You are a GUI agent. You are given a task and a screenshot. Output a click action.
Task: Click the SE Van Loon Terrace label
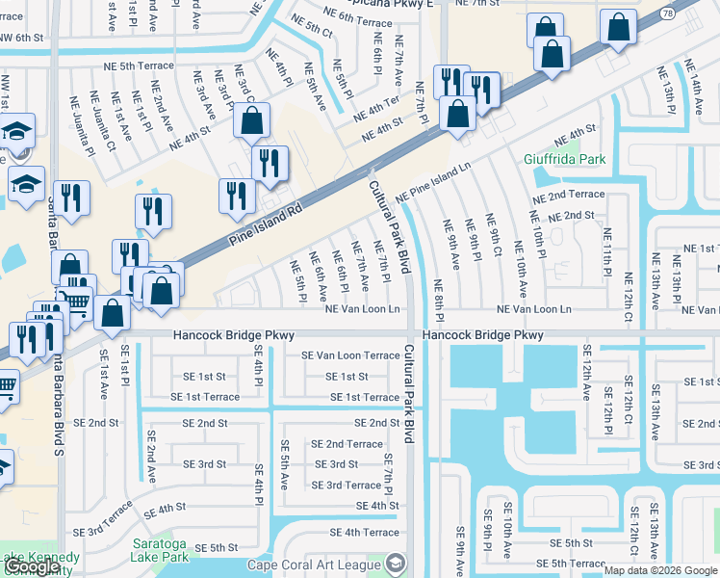(x=349, y=355)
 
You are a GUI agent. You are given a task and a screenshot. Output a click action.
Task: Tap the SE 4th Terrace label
(x=364, y=532)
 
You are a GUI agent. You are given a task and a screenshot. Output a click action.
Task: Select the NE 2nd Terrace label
(x=569, y=194)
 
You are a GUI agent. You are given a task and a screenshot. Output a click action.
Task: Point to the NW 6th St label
(x=23, y=37)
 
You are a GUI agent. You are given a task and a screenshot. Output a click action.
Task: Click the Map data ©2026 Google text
(x=658, y=570)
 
